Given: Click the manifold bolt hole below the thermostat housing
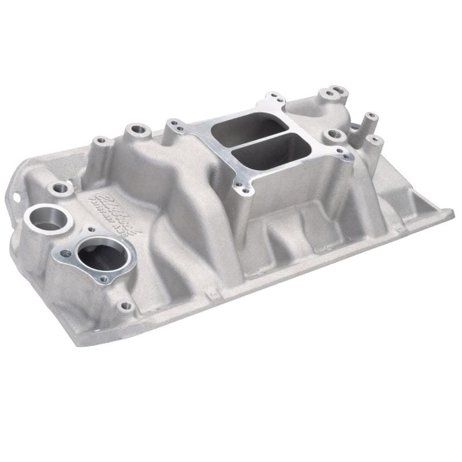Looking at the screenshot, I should coord(125,304).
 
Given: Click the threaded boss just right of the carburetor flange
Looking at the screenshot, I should coord(334,134).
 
